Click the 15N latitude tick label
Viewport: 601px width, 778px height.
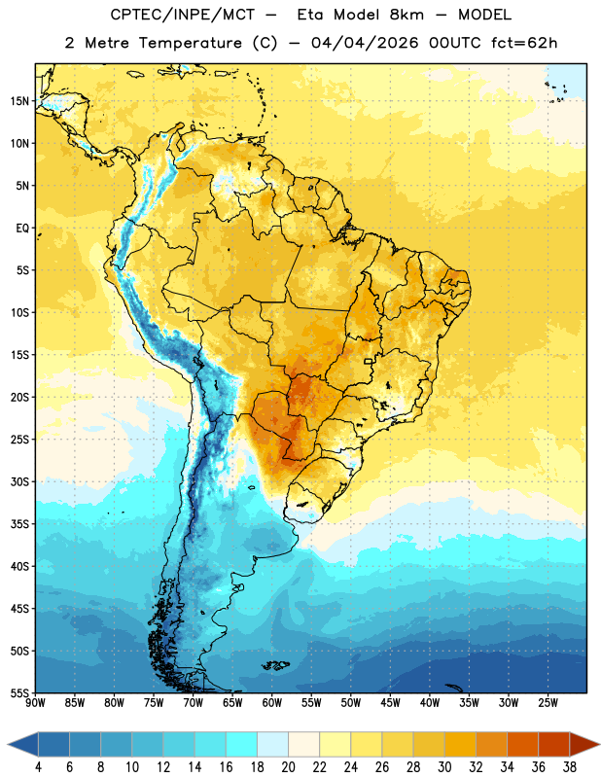(19, 101)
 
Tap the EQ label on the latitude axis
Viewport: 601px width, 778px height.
(22, 229)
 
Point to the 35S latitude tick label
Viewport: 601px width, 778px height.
(19, 524)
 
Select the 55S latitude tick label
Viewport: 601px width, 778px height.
(19, 692)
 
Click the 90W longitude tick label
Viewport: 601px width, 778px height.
(35, 703)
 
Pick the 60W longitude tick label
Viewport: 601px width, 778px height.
(272, 703)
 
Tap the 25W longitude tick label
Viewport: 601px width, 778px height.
(548, 703)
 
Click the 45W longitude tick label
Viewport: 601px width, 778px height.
(390, 703)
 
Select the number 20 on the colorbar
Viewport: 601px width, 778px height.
(288, 767)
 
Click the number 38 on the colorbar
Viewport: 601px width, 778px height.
(569, 767)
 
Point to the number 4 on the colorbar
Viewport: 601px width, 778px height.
(38, 767)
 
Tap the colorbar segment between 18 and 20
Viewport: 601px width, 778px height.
(272, 744)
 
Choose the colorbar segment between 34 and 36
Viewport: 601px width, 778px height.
(522, 744)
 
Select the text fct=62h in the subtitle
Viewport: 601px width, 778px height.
(524, 43)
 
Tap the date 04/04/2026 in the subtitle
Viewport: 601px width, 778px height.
(365, 43)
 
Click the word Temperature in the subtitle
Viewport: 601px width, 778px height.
(190, 43)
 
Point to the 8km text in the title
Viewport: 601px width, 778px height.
(407, 15)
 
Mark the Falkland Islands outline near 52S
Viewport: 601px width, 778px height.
(275, 665)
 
